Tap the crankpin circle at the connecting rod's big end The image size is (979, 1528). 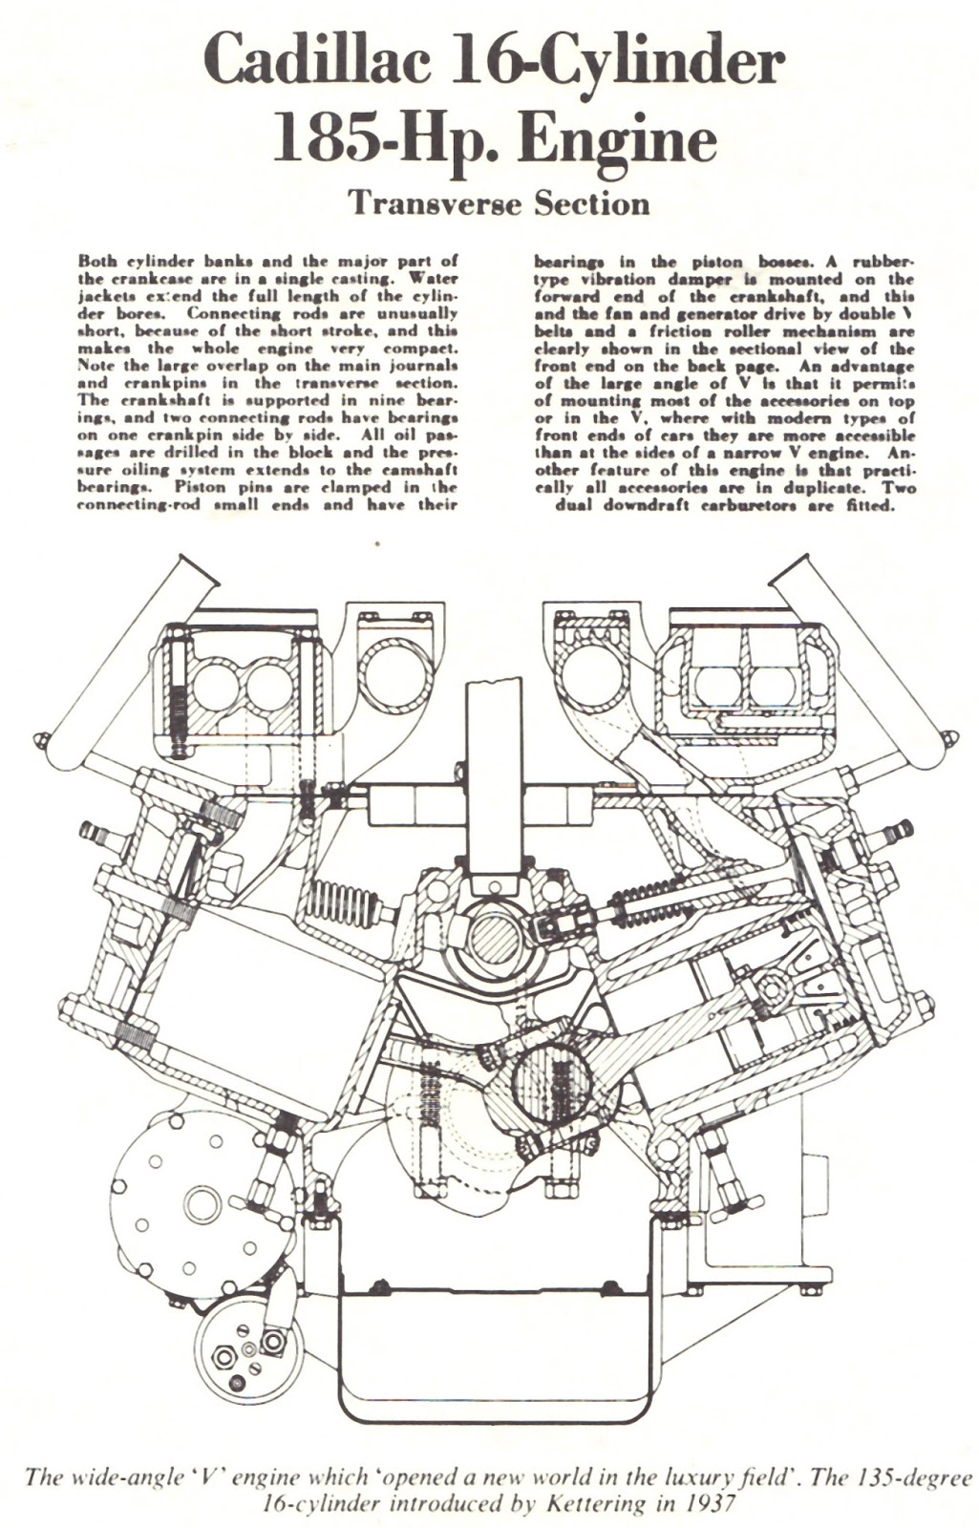pyautogui.click(x=542, y=1079)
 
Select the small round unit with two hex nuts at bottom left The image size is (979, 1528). pyautogui.click(x=247, y=1347)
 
